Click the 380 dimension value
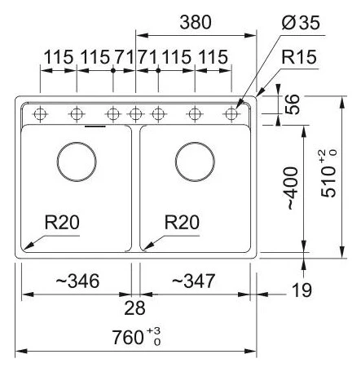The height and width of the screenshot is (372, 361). pos(196,22)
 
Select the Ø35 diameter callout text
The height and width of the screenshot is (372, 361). pos(301,22)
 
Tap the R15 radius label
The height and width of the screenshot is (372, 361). pos(299,57)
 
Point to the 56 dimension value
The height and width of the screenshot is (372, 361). pos(293,104)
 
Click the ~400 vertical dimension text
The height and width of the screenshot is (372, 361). pos(293,188)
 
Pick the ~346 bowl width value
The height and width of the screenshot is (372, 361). pos(77,281)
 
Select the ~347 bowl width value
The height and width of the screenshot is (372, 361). pos(193,281)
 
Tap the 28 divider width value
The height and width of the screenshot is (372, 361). pos(134,308)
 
